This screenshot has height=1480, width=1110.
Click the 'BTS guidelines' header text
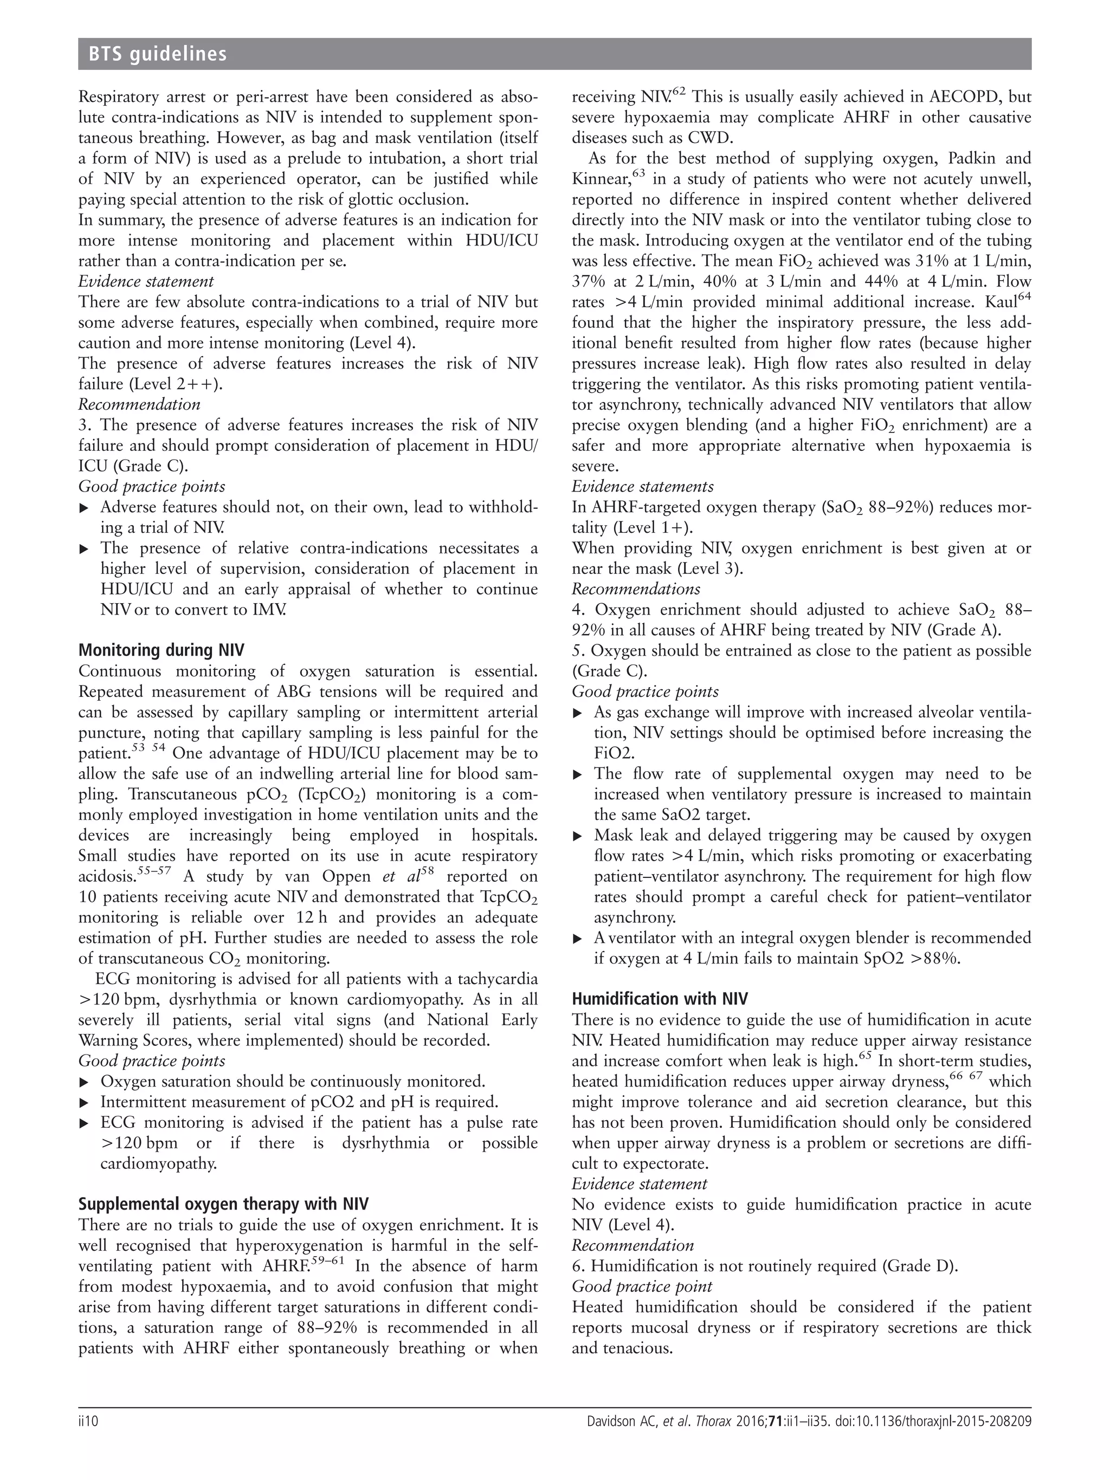(152, 54)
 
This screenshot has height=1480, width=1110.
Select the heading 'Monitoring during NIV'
(162, 650)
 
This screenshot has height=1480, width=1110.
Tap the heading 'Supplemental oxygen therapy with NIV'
(223, 1204)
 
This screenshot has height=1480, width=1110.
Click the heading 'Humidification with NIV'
(660, 999)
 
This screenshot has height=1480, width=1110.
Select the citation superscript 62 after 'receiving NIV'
(680, 92)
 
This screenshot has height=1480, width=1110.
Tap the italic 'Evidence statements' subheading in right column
(642, 487)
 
